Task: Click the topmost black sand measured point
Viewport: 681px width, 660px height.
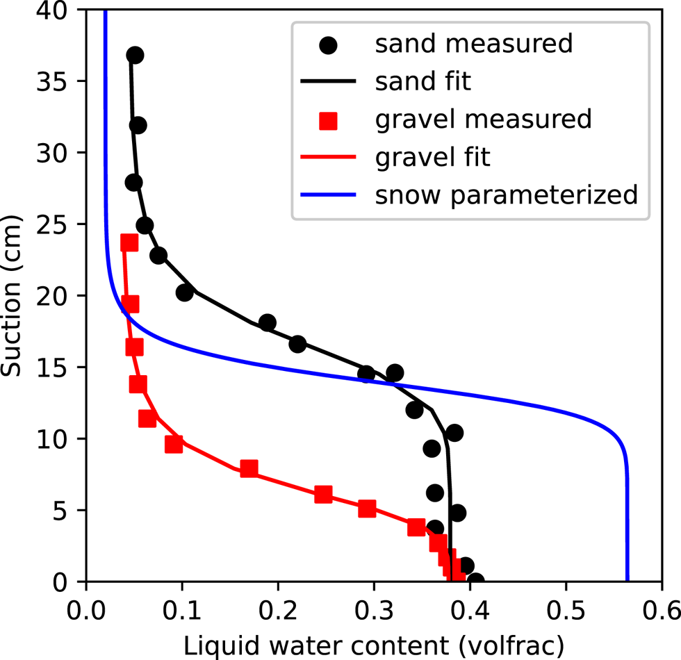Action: click(x=135, y=55)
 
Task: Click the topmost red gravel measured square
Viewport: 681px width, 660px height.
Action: click(x=129, y=242)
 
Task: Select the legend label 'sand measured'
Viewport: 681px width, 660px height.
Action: click(x=473, y=44)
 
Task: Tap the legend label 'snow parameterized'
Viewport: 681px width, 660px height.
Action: click(x=506, y=195)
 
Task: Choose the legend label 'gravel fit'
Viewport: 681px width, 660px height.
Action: click(x=432, y=157)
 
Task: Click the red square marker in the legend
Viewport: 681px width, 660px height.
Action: click(x=327, y=120)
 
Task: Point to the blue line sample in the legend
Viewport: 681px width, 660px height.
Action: click(x=327, y=195)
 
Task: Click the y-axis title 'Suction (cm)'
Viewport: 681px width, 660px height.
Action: click(x=13, y=295)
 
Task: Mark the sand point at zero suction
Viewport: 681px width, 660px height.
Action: click(x=475, y=580)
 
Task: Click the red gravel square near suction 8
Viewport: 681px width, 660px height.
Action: click(x=249, y=468)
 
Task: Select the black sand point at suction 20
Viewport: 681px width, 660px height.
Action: click(x=184, y=293)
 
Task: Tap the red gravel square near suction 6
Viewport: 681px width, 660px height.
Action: click(x=323, y=495)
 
